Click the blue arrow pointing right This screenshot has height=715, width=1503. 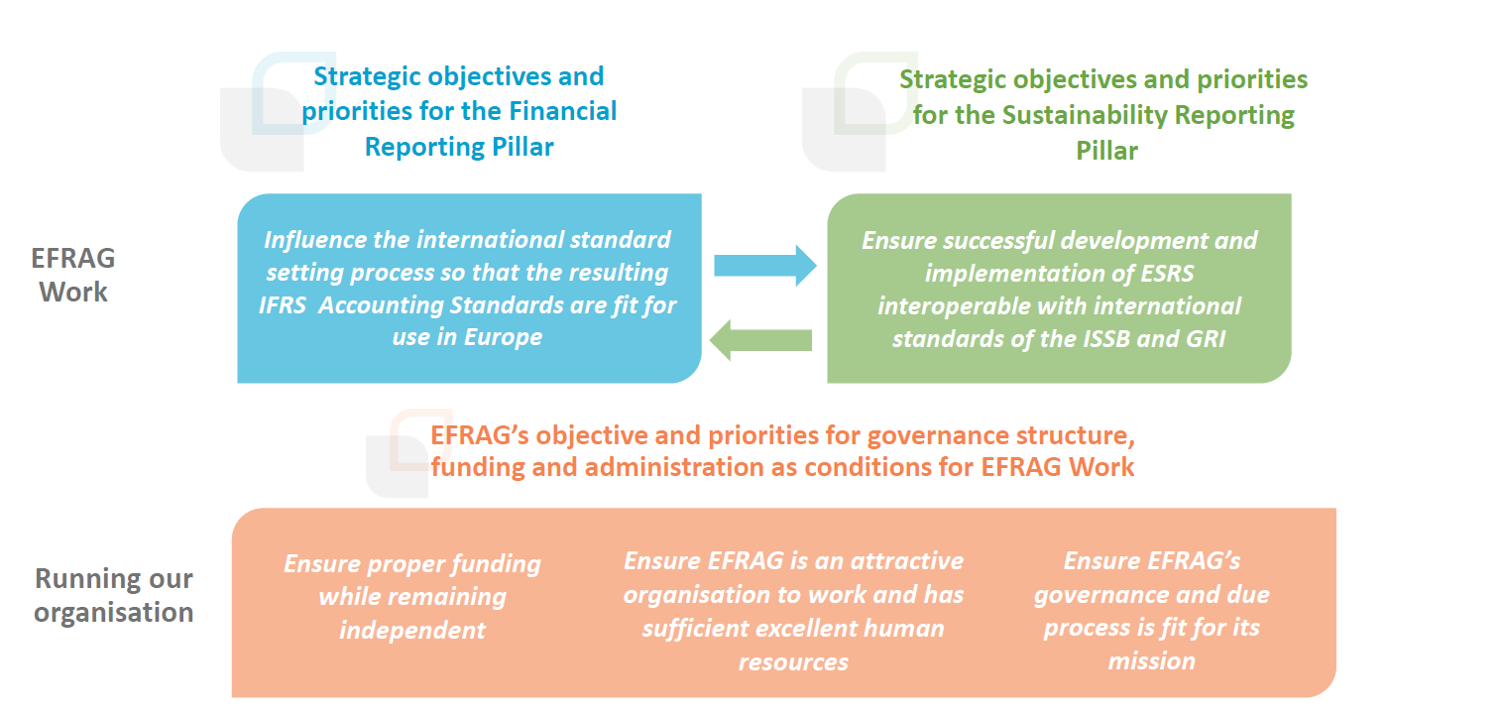point(765,266)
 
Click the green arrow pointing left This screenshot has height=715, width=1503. point(760,340)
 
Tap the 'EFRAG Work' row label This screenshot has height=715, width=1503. point(73,275)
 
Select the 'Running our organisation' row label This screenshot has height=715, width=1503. point(113,595)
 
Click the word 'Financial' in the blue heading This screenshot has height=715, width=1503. point(562,111)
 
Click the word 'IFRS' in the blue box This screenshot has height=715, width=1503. point(283,304)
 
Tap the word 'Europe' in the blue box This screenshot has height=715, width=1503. point(504,337)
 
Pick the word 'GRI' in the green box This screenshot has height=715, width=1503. point(1206,339)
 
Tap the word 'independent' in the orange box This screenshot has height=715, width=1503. point(412,631)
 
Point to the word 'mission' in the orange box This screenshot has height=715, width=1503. point(1151,661)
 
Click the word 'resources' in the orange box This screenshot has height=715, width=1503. point(793,662)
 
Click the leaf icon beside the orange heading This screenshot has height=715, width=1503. point(408,452)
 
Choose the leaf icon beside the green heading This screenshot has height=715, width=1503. point(860,111)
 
